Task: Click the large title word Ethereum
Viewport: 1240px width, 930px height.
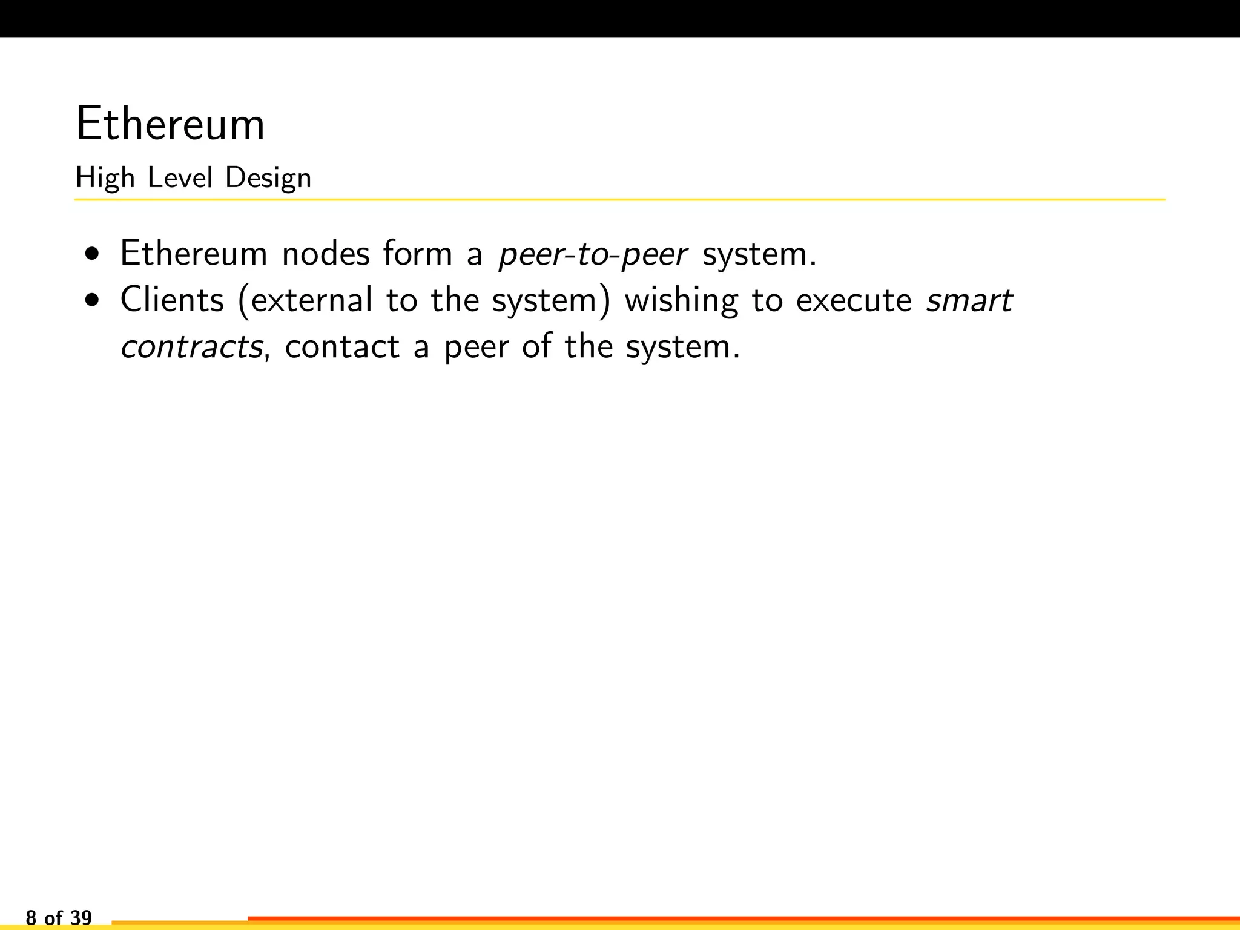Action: click(170, 124)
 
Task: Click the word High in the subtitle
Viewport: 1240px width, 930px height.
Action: click(105, 178)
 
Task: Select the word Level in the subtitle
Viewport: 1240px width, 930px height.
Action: click(180, 178)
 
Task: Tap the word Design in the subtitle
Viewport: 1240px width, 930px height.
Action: click(268, 178)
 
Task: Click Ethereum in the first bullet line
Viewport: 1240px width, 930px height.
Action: click(194, 253)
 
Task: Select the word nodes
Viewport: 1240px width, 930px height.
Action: click(326, 253)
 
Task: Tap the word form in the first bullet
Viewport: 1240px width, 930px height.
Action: click(418, 253)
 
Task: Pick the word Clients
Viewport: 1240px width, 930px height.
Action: click(173, 300)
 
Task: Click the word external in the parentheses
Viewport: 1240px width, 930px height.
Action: click(312, 300)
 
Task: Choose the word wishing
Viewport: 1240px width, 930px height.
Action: click(682, 301)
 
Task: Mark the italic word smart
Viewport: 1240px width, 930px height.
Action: click(969, 301)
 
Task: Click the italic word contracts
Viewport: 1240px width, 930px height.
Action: click(191, 347)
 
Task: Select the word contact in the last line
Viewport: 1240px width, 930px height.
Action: click(342, 347)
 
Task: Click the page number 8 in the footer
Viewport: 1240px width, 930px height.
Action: click(31, 917)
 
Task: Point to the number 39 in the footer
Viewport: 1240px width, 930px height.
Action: click(81, 917)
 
